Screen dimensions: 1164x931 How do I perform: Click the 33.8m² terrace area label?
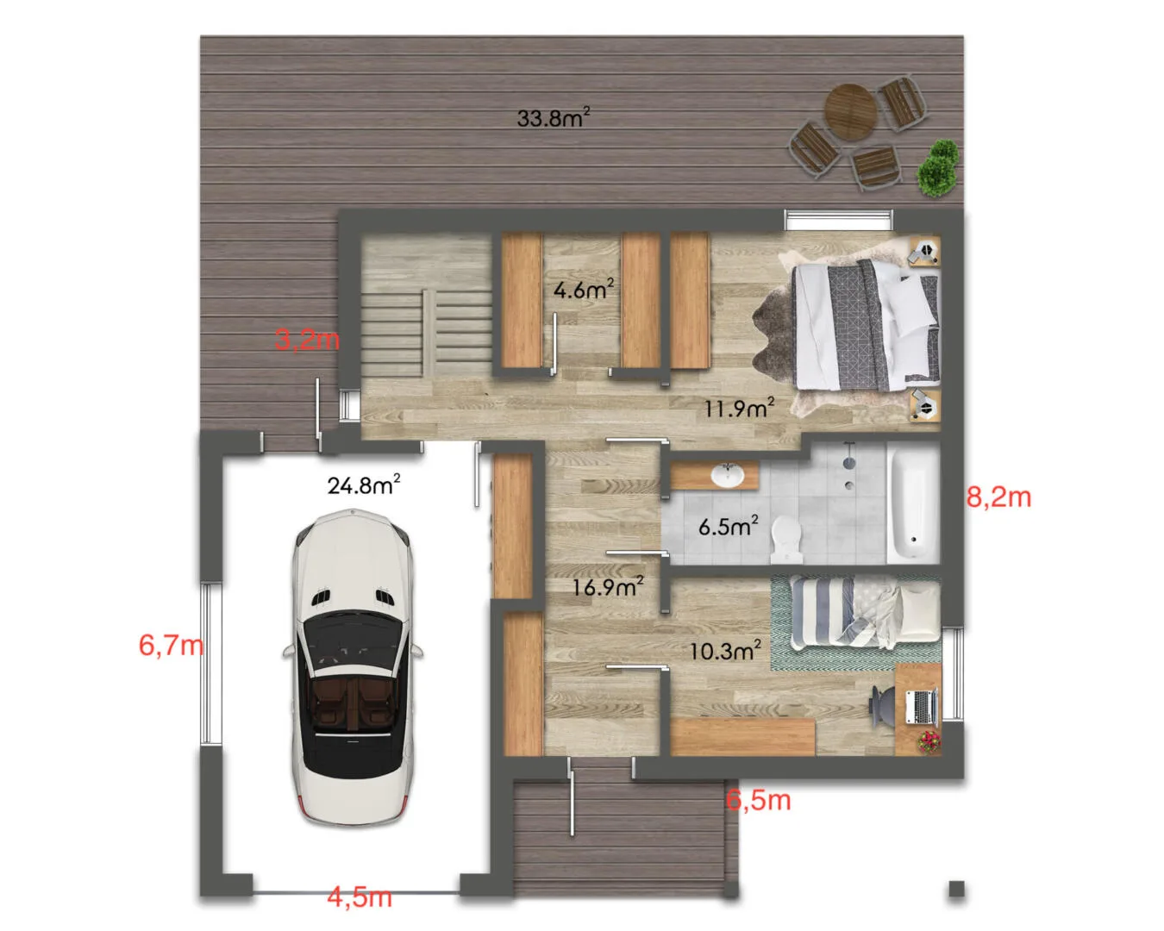click(x=553, y=117)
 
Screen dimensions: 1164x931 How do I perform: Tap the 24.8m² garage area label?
click(x=364, y=484)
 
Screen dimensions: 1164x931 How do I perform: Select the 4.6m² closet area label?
click(x=584, y=290)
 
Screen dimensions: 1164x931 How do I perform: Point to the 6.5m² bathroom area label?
click(x=728, y=526)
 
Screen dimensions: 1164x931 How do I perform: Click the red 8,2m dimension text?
click(x=999, y=497)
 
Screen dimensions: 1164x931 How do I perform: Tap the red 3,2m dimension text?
click(x=307, y=340)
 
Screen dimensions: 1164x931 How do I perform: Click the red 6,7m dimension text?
click(x=171, y=646)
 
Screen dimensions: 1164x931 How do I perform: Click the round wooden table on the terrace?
click(x=850, y=112)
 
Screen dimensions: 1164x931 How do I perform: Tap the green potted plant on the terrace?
click(x=938, y=168)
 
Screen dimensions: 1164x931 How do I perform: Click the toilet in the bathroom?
click(x=786, y=538)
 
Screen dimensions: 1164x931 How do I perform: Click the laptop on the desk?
click(x=921, y=707)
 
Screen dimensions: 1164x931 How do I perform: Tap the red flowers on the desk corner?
click(x=929, y=741)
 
